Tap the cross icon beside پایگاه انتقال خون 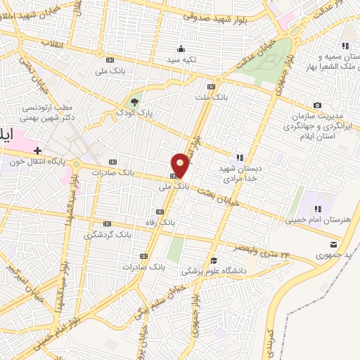(x=37, y=150)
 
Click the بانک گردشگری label (x=108, y=233)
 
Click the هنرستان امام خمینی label (x=318, y=220)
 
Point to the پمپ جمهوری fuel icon (x=333, y=244)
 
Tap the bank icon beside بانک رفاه (x=157, y=211)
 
